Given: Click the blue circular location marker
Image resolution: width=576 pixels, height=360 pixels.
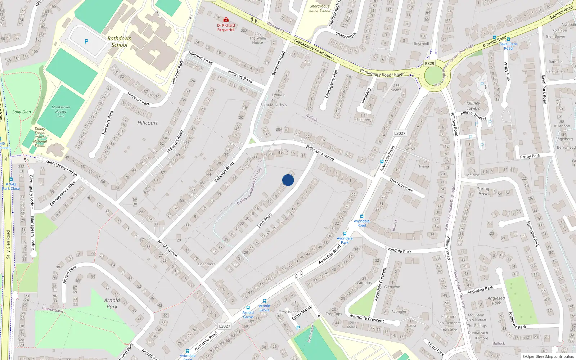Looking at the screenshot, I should pos(288,180).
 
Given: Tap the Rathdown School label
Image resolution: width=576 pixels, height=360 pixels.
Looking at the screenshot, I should pos(120,42).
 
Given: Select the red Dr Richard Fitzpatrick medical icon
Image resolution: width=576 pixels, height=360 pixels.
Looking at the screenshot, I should pos(226,19).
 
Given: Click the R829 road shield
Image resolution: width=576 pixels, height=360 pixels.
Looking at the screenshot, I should pos(429,64).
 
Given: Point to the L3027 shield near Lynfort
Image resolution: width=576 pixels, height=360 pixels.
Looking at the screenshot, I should pos(400,133).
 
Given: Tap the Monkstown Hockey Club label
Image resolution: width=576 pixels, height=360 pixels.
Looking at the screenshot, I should pos(61,112).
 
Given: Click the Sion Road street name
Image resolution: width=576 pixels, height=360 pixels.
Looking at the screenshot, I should pos(265,220).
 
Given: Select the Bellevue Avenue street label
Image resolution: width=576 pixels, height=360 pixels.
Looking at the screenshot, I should pos(320,153).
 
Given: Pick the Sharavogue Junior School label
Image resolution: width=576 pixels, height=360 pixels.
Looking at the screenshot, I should pos(320,8).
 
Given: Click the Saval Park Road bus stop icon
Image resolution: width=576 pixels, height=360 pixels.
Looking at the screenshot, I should pos(508,39).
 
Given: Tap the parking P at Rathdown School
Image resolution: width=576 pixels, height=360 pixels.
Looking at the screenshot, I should pos(86,42).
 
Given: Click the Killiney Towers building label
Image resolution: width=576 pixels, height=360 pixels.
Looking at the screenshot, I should pos(473,105).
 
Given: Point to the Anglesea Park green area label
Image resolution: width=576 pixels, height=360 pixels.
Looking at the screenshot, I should pos(496,301).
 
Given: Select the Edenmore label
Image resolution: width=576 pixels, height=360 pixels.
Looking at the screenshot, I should pos(207,264).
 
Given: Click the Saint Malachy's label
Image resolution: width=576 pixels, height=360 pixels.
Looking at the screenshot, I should pos(274,105).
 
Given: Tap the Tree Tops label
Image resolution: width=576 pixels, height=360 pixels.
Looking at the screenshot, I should pos(334,314).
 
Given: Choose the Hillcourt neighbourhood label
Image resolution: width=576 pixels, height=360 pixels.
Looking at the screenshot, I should pos(148,123).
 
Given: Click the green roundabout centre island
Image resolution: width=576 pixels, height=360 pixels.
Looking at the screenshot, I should pos(434,76).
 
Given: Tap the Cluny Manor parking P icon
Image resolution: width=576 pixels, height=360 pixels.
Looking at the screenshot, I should pos(298,328).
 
